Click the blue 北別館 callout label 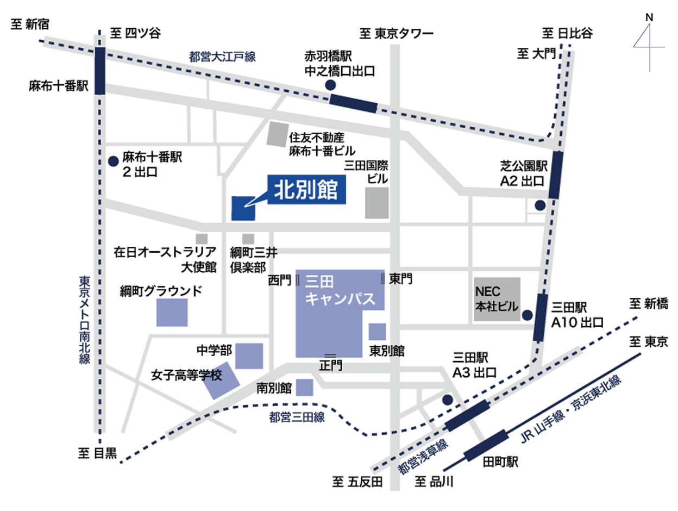[307, 190]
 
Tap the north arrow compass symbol [649, 43]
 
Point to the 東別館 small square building [377, 332]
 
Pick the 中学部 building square [249, 356]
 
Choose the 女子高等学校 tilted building [221, 381]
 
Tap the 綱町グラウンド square [172, 312]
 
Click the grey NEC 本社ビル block [497, 302]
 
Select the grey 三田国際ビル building [377, 203]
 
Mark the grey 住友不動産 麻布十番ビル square [278, 134]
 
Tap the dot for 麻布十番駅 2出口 [114, 161]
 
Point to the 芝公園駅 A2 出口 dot [539, 205]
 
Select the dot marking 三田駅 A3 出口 [447, 400]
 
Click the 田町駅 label [500, 463]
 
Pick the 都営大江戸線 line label [222, 55]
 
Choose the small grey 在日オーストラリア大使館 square [202, 239]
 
